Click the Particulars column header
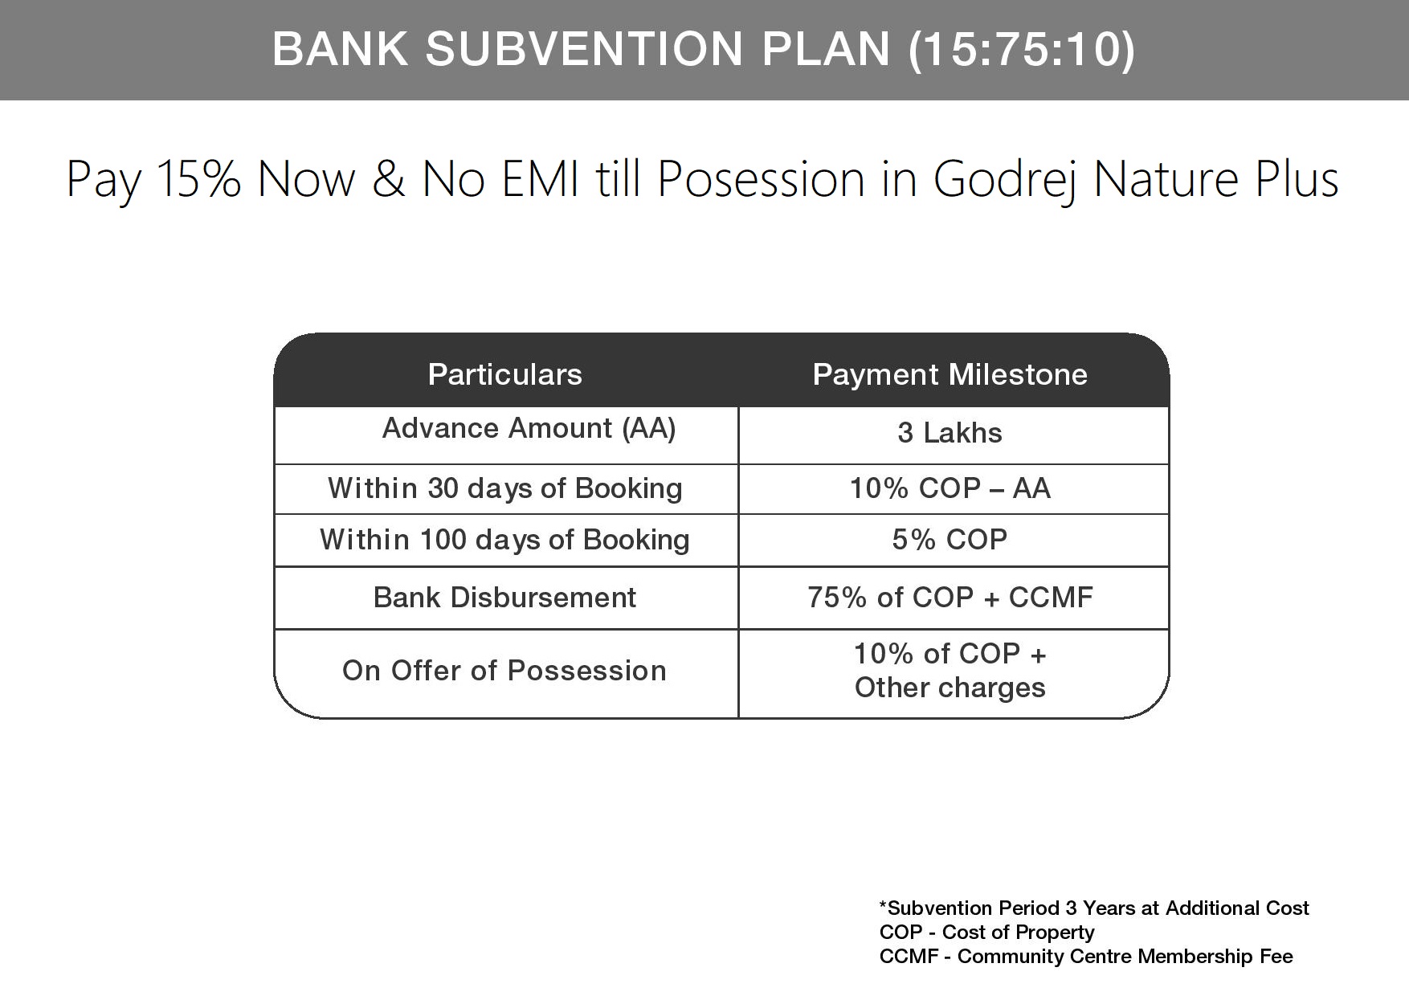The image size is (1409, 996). point(504,374)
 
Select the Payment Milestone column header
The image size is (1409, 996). point(950,374)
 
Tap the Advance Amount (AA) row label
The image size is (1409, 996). point(529,428)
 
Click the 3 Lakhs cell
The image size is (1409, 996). point(950,433)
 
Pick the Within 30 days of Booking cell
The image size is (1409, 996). point(504,488)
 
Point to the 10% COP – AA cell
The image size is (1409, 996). point(950,488)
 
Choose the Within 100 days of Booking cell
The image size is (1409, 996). point(504,540)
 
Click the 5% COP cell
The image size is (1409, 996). point(950,540)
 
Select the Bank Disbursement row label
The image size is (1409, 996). point(504,598)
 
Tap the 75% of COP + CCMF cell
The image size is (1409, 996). point(950,598)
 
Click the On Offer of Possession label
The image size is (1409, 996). point(504,671)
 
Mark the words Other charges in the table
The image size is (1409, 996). point(950,688)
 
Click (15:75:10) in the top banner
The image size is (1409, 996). point(1021,49)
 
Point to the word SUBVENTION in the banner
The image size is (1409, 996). point(584,49)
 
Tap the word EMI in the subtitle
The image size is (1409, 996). point(540,178)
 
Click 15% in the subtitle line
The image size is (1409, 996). point(198,178)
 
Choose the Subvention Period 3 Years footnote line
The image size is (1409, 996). point(1094,908)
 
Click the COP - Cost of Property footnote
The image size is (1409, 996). point(986,933)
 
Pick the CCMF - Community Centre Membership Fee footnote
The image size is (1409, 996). point(1086,957)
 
